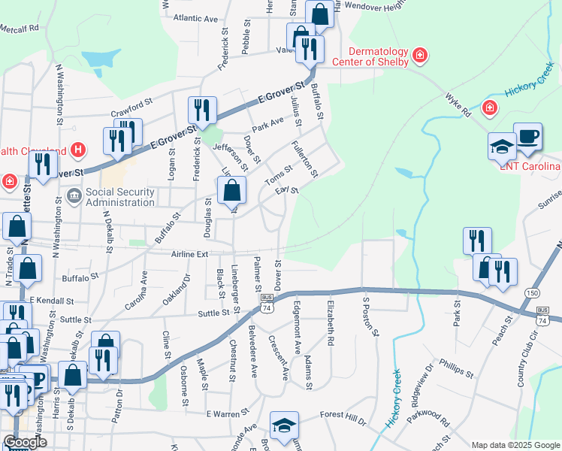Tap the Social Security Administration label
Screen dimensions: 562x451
pyautogui.click(x=119, y=197)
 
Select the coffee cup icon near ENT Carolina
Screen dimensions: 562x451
pyautogui.click(x=527, y=136)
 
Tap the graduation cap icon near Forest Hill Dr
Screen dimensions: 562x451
pyautogui.click(x=285, y=425)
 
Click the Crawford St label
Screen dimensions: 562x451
pyautogui.click(x=133, y=98)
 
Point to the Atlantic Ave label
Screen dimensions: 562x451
pyautogui.click(x=195, y=17)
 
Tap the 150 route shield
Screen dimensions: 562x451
pyautogui.click(x=532, y=292)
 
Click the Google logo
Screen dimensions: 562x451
pyautogui.click(x=25, y=442)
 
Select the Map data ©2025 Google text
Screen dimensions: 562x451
pyautogui.click(x=515, y=445)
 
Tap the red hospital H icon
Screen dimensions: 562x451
pyautogui.click(x=78, y=150)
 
